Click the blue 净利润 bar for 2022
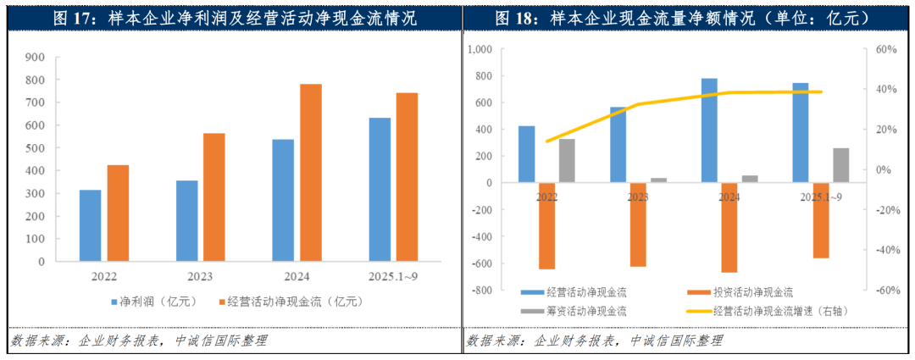tap(91, 225)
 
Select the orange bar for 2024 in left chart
tap(311, 173)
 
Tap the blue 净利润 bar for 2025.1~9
tap(380, 189)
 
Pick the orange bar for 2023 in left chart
tap(214, 197)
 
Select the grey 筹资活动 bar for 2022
tap(567, 161)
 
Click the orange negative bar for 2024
tap(729, 227)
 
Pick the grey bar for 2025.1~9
tap(840, 165)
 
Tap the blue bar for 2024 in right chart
tap(709, 130)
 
